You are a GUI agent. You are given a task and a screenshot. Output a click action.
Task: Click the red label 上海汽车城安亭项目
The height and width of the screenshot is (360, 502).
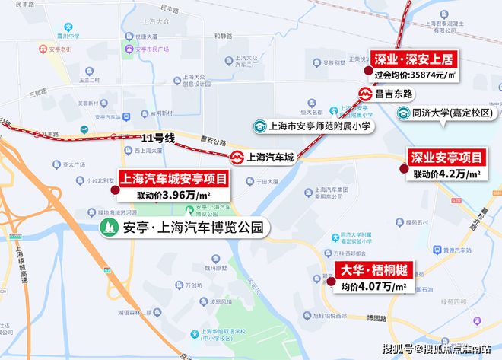point(173,179)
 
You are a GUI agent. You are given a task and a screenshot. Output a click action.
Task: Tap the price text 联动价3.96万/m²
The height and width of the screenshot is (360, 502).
point(173,196)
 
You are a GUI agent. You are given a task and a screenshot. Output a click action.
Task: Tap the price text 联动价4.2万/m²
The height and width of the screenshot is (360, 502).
point(448,174)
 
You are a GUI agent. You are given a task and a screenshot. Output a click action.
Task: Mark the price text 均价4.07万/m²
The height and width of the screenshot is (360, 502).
point(373,287)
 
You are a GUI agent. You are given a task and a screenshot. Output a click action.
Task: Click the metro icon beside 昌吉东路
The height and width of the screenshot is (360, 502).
point(364,94)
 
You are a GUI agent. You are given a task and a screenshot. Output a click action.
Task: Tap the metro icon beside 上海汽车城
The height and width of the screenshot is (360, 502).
point(237,158)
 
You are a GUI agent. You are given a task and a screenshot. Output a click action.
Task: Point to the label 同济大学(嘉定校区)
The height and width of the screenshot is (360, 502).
point(453,113)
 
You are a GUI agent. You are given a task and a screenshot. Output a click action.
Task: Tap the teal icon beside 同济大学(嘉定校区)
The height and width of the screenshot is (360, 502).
point(403,113)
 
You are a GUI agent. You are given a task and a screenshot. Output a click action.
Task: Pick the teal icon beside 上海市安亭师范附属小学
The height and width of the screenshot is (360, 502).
point(260,127)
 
